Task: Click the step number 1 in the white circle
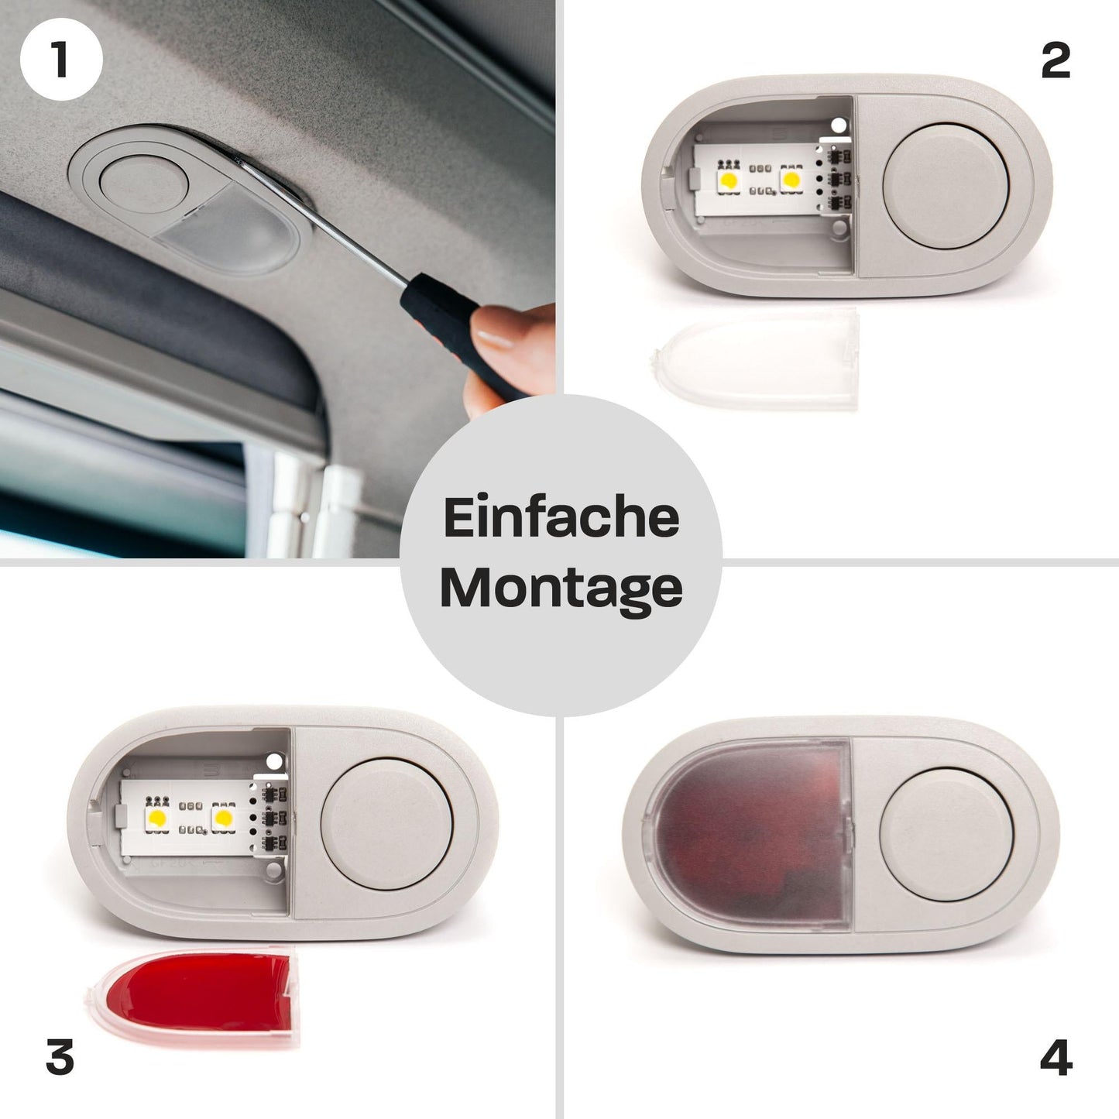click(x=60, y=60)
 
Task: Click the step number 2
click(x=1055, y=61)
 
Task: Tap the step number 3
click(x=60, y=1057)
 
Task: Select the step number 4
click(x=1055, y=1057)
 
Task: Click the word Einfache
click(x=561, y=518)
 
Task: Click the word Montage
click(x=561, y=589)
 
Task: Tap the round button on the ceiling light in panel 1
click(x=144, y=185)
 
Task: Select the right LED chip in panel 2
click(x=791, y=180)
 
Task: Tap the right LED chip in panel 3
click(x=224, y=817)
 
